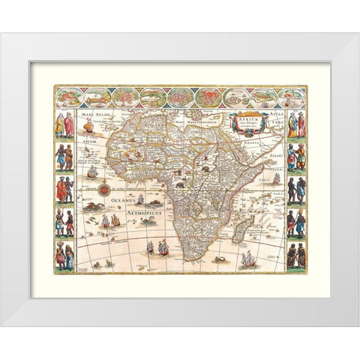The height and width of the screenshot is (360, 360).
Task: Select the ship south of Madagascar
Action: [247, 259]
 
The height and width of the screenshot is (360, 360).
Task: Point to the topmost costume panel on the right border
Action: [296, 124]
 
